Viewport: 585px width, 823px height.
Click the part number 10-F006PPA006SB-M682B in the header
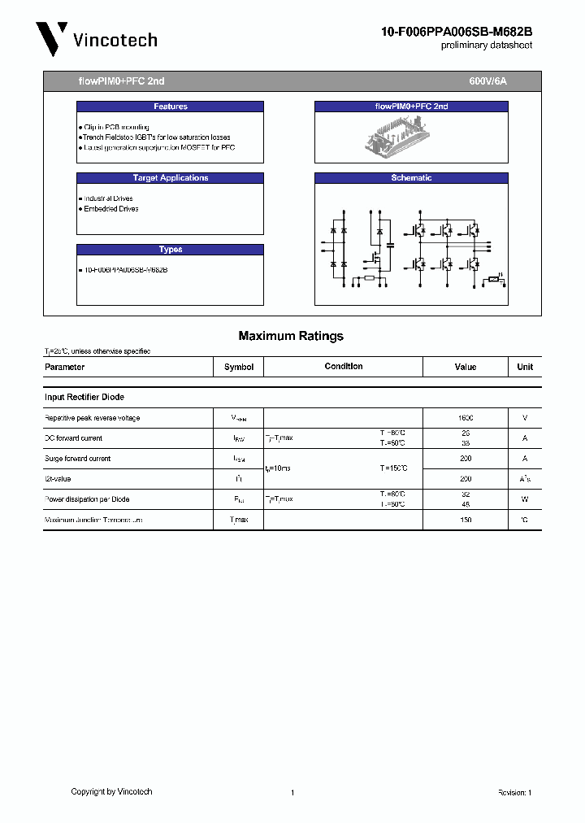tap(457, 32)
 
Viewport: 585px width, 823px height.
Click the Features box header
tap(170, 107)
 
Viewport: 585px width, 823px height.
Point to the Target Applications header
tap(170, 178)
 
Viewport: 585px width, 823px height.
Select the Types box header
tap(170, 250)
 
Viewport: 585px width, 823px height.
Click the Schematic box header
tap(411, 178)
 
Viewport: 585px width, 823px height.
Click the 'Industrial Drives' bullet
tap(108, 198)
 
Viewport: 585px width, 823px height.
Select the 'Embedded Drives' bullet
tap(110, 209)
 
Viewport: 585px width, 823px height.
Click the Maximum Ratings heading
tap(291, 336)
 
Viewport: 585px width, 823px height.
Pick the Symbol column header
tap(239, 367)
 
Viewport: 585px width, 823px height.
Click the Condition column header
tap(344, 367)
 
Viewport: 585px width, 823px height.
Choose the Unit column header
tap(525, 367)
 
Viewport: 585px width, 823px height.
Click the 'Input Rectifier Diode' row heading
tap(84, 397)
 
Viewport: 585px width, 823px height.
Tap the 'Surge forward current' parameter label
tap(77, 459)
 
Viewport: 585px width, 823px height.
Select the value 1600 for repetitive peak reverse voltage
tap(466, 418)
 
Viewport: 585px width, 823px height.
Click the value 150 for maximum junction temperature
tap(466, 520)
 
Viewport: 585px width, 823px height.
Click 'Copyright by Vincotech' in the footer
tap(111, 791)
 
